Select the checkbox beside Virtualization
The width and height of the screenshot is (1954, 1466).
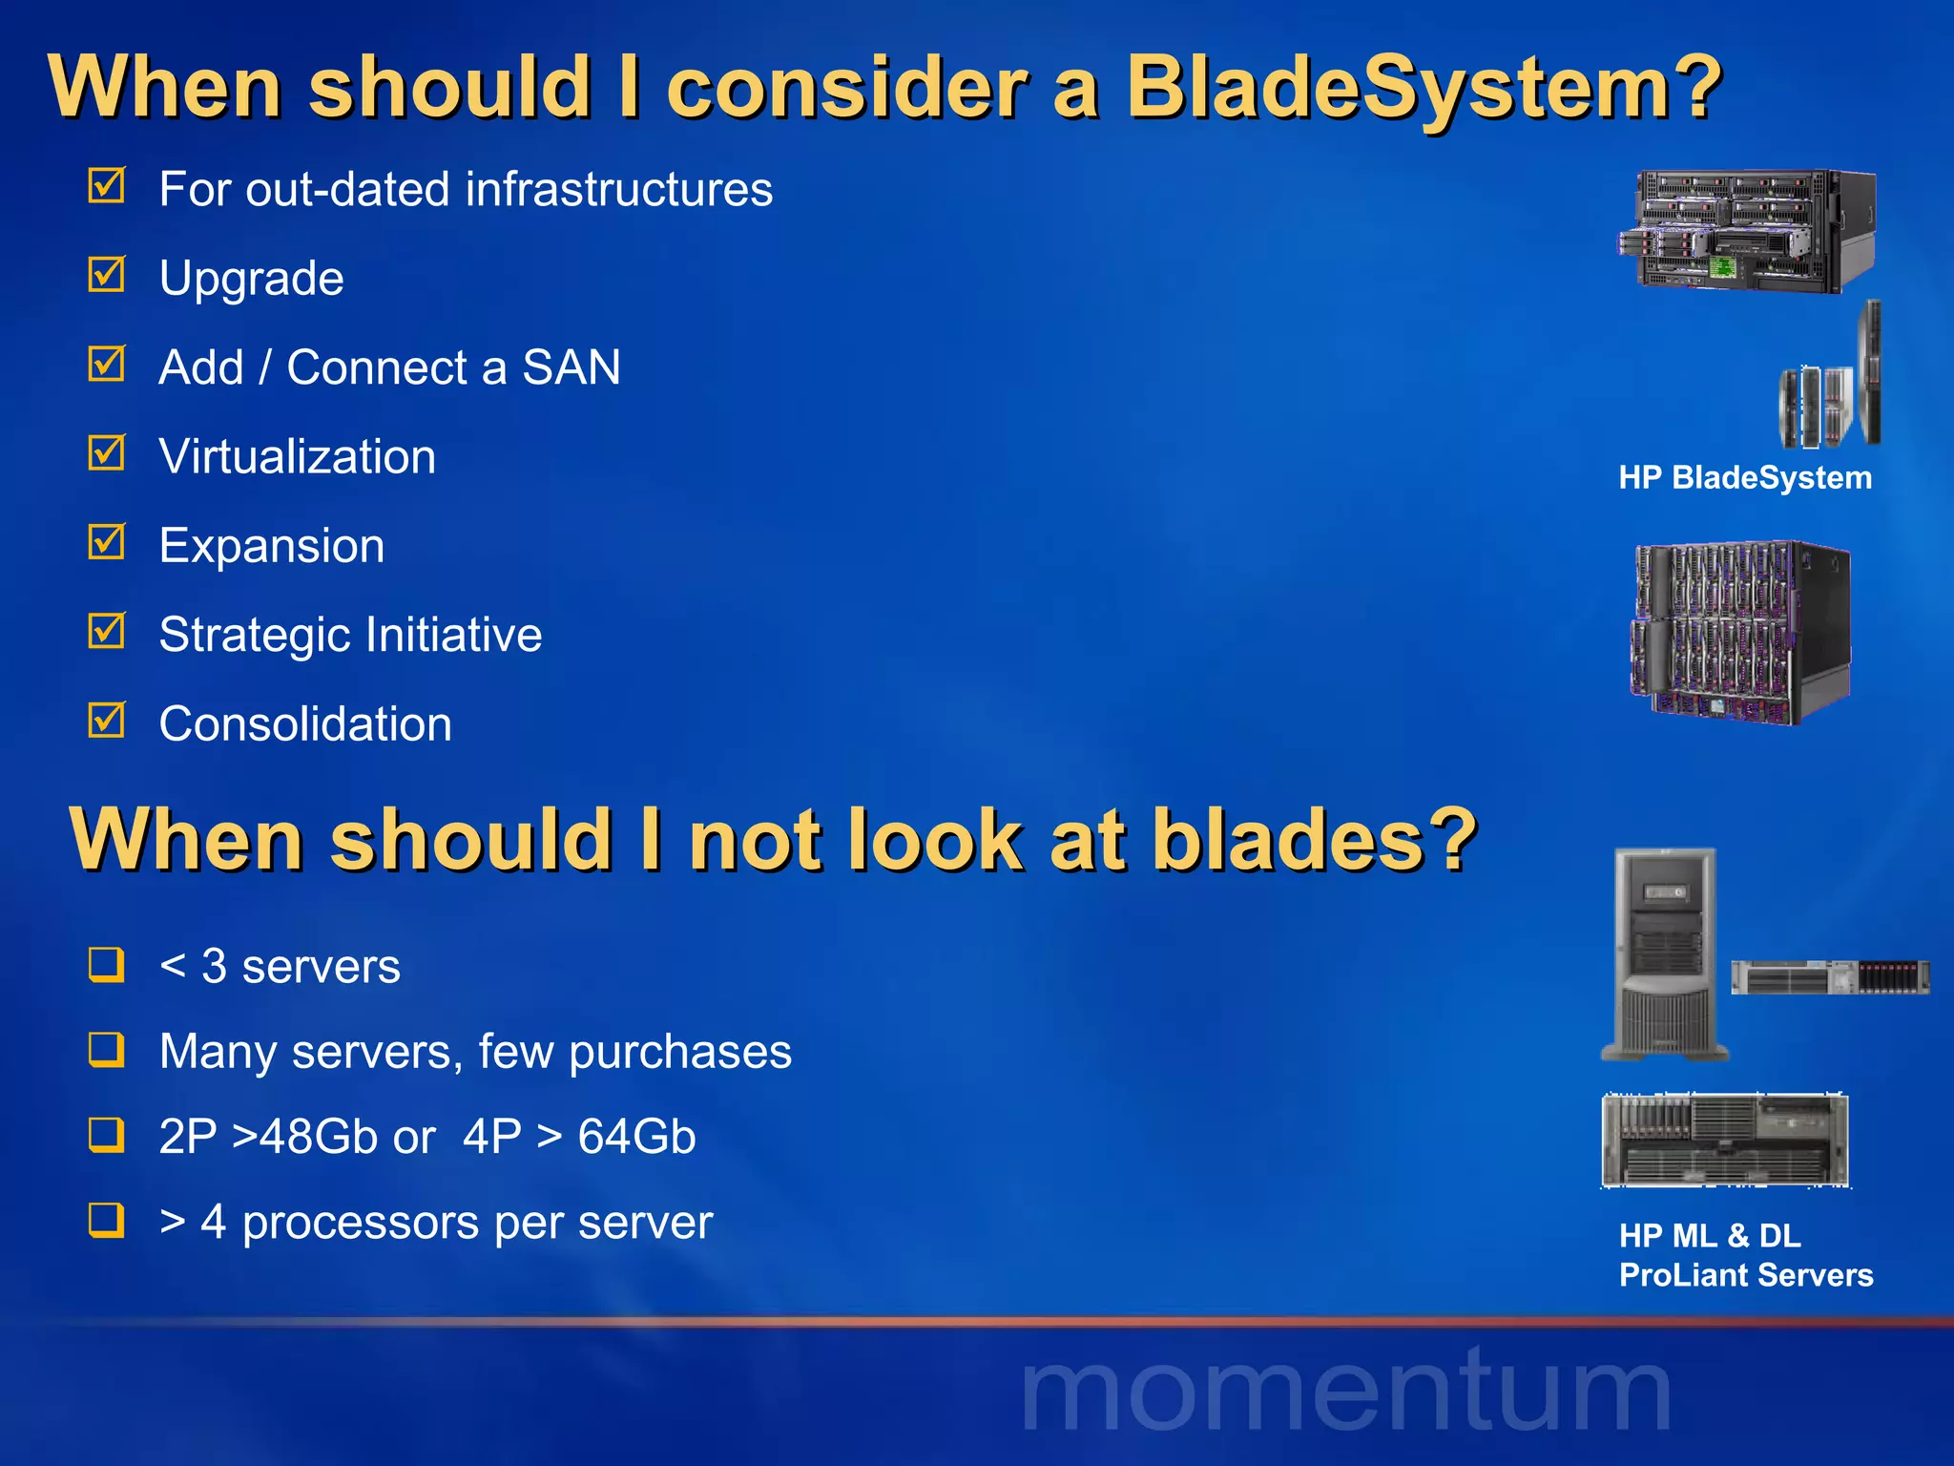(106, 453)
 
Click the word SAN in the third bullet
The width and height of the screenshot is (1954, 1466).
(571, 368)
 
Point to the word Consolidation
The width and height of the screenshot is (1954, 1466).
(305, 724)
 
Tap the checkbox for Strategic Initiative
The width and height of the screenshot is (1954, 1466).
(106, 631)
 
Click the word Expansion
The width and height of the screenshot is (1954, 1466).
(272, 547)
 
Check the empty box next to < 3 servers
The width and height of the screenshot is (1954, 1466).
(106, 964)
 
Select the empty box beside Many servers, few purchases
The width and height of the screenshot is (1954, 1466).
(106, 1049)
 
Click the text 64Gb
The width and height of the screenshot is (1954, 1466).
(636, 1137)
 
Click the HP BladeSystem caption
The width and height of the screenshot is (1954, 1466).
(1744, 478)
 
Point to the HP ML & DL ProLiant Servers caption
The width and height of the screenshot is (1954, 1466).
(1744, 1256)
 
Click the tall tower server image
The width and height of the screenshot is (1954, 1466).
(1665, 954)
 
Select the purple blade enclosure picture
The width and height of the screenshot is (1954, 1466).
(1740, 632)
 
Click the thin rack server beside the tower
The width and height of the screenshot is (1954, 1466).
(1830, 977)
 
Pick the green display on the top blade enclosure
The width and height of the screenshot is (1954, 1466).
(1721, 266)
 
